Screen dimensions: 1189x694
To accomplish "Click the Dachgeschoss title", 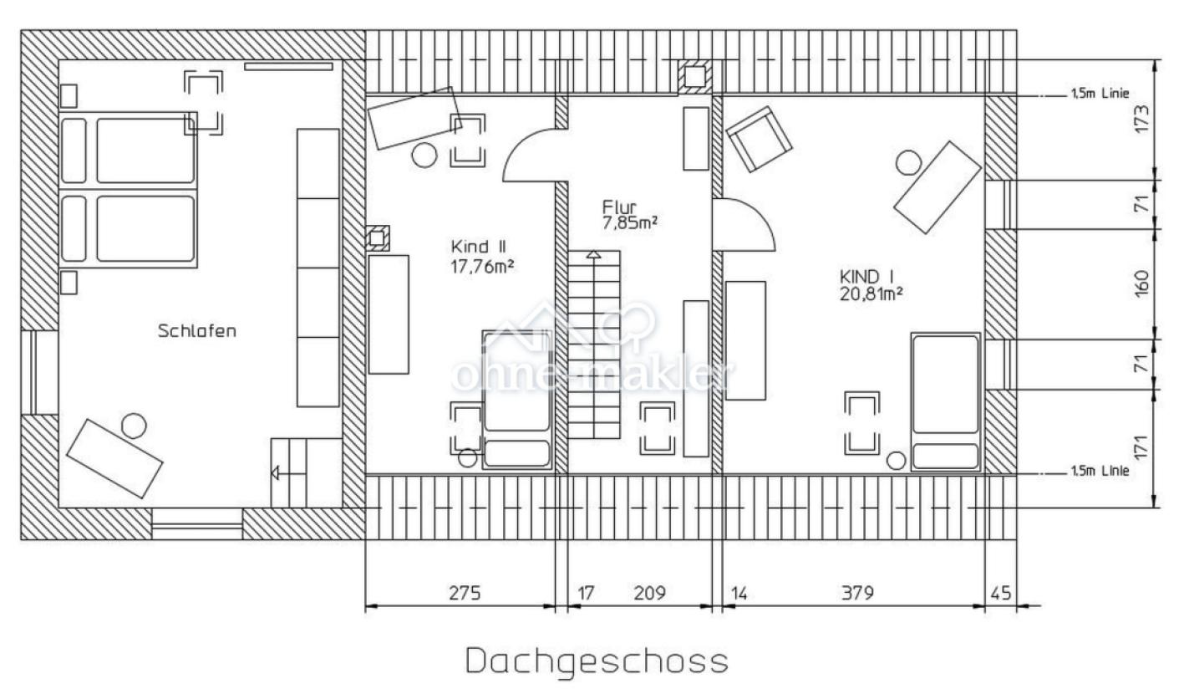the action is coord(597,662).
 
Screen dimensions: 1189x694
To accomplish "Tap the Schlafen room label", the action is coord(197,331).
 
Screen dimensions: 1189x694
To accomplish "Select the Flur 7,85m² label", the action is coord(629,215).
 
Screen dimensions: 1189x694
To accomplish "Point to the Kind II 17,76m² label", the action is coord(482,256).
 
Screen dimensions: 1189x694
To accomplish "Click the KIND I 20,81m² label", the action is coord(871,284).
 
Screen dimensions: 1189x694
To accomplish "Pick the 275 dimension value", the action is coord(465,593).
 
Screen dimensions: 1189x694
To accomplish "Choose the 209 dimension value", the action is coord(650,593).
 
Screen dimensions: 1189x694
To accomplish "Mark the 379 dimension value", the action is coord(858,593).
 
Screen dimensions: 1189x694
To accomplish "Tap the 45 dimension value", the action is coord(1001,593).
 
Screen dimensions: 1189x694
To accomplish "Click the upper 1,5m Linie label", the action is coord(1100,94).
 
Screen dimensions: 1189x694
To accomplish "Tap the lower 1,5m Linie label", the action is coord(1100,471).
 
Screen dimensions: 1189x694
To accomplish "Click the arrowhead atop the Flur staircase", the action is coord(594,254).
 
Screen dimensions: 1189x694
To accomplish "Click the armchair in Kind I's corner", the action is coord(759,139).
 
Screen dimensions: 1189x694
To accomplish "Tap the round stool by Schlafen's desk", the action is coord(133,426).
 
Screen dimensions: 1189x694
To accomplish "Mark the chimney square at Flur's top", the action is coord(695,78).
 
